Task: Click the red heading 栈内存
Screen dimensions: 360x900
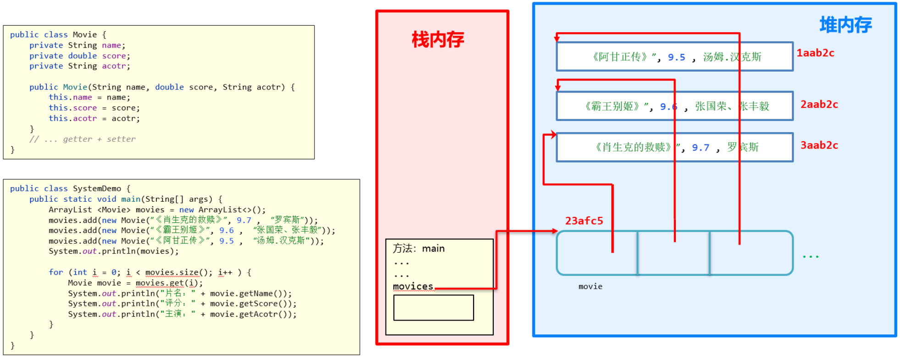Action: click(438, 40)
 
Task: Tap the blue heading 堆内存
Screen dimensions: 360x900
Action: click(845, 25)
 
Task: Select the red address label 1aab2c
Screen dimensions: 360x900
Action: click(815, 53)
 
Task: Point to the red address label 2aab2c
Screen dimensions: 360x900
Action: click(819, 105)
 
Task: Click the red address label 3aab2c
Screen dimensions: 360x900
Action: click(819, 145)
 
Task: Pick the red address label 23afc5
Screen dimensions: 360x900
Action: click(584, 221)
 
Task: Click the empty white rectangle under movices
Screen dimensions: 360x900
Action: click(433, 307)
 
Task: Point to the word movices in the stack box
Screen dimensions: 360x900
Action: click(413, 287)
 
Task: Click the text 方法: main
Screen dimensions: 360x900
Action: click(419, 249)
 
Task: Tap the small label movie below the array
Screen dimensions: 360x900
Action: click(590, 287)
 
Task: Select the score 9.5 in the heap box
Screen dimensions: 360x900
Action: click(676, 57)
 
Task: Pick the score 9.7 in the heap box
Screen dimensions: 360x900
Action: click(701, 148)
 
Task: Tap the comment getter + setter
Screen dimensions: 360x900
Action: click(99, 139)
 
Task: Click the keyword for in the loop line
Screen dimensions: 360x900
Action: click(56, 272)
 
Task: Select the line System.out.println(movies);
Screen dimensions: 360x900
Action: click(114, 251)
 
